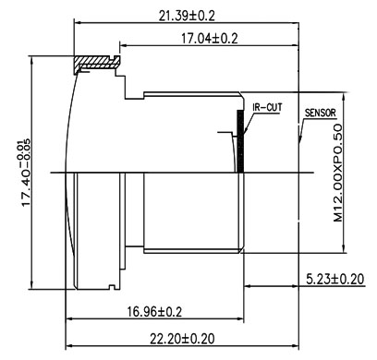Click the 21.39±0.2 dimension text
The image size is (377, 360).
click(x=187, y=16)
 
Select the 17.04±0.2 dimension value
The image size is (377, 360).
click(x=210, y=39)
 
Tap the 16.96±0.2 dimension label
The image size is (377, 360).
click(x=154, y=312)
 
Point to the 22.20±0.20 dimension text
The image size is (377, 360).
click(x=182, y=339)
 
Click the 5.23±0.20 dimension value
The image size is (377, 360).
click(x=335, y=280)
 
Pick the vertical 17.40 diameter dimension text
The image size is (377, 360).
click(x=26, y=173)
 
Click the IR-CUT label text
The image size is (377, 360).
click(x=267, y=108)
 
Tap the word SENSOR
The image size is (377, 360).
click(x=320, y=113)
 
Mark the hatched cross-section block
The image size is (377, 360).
click(x=97, y=63)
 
